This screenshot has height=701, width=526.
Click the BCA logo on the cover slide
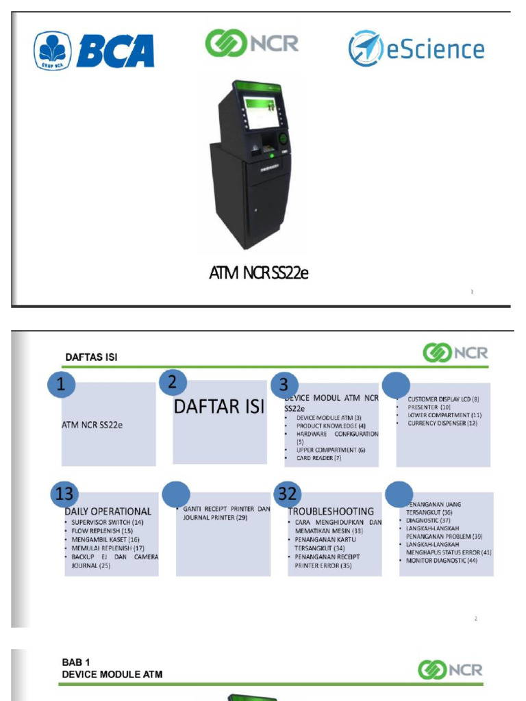click(94, 51)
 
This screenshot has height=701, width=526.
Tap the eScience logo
click(416, 49)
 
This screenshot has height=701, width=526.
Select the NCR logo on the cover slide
click(252, 43)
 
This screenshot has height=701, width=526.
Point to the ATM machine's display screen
click(262, 114)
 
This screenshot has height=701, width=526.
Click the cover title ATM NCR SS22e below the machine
click(259, 274)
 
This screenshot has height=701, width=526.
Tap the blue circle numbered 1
click(62, 385)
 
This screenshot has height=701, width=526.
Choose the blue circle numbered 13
click(65, 494)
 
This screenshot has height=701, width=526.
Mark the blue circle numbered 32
click(288, 494)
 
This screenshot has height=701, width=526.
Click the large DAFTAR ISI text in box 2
click(218, 407)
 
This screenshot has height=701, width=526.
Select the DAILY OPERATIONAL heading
click(108, 511)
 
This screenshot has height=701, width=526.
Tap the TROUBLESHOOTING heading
click(331, 511)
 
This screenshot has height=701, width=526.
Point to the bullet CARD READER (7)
click(318, 458)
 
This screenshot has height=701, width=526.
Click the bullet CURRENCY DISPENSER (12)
click(442, 423)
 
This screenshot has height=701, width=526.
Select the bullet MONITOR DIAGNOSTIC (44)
click(442, 561)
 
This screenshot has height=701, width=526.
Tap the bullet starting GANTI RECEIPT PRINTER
click(226, 513)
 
